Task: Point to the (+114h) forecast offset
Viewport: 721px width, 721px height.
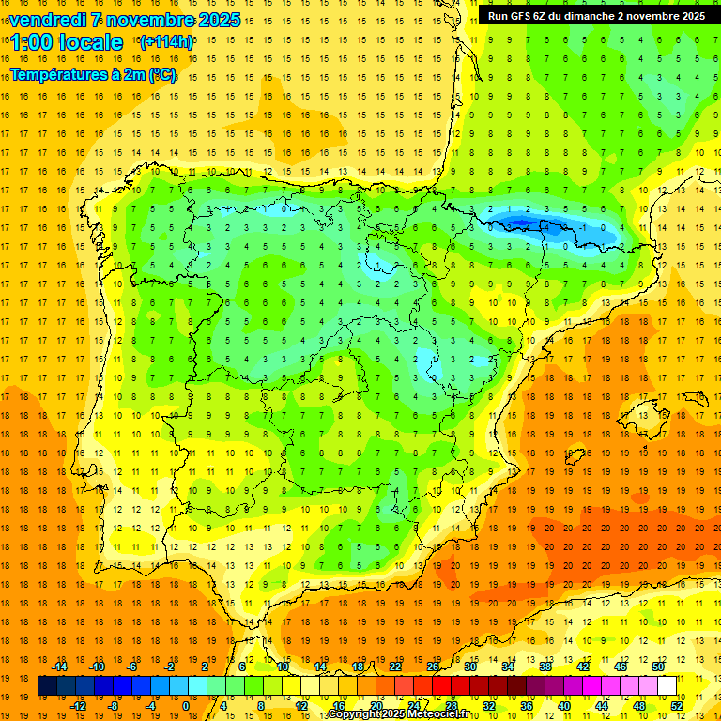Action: click(x=166, y=42)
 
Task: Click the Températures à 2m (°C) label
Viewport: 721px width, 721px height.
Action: click(x=93, y=74)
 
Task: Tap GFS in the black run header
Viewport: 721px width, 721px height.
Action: click(x=527, y=16)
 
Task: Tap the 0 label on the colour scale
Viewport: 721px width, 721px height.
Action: click(x=186, y=706)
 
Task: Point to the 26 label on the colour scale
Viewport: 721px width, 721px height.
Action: click(x=433, y=667)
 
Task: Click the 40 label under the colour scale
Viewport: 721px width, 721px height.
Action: click(x=563, y=706)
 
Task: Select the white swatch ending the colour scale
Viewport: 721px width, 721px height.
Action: click(x=667, y=686)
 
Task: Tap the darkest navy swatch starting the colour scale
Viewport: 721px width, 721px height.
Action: click(x=47, y=686)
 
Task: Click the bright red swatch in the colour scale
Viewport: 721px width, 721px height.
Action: click(x=441, y=686)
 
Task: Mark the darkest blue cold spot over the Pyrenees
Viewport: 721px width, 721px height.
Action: click(x=526, y=222)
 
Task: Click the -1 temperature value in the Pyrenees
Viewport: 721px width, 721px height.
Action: click(x=583, y=228)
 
